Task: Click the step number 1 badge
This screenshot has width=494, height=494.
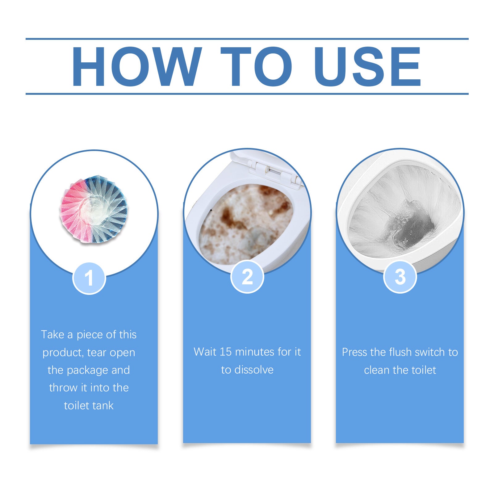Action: click(89, 278)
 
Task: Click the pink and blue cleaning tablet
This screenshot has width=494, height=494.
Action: click(94, 210)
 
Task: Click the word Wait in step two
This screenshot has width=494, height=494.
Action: click(205, 352)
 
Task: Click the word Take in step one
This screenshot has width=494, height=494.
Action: click(52, 335)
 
